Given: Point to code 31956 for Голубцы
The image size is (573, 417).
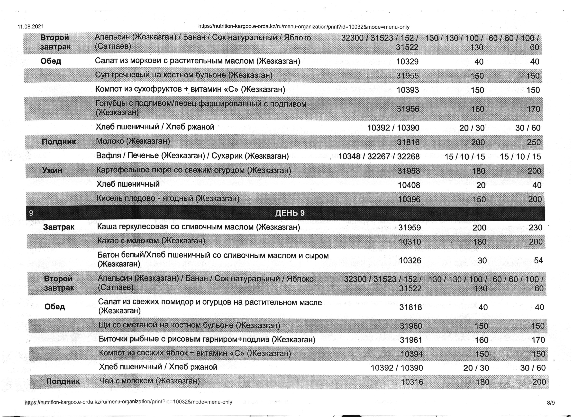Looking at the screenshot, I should (408, 109).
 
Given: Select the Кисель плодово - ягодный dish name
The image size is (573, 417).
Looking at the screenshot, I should (168, 198).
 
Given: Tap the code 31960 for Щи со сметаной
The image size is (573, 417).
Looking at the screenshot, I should (411, 326).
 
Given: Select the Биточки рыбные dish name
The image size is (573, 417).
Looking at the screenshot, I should (207, 339).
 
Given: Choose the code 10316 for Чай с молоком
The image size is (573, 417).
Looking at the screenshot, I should (412, 382).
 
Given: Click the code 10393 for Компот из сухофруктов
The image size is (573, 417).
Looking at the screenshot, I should (408, 90).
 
